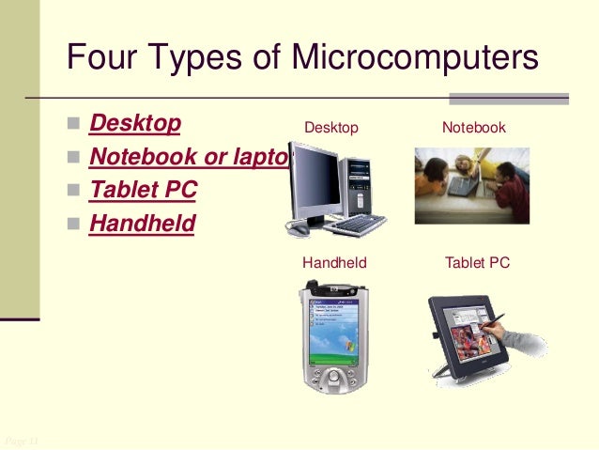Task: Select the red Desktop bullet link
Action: [135, 125]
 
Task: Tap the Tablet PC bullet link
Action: [143, 190]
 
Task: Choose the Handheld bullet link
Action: [142, 224]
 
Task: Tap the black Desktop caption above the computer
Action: [330, 128]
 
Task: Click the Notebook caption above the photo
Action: [473, 128]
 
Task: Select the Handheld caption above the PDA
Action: [333, 263]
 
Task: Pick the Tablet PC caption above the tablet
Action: [477, 263]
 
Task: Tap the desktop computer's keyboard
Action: [355, 225]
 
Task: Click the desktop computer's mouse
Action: [299, 227]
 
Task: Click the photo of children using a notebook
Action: [472, 184]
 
